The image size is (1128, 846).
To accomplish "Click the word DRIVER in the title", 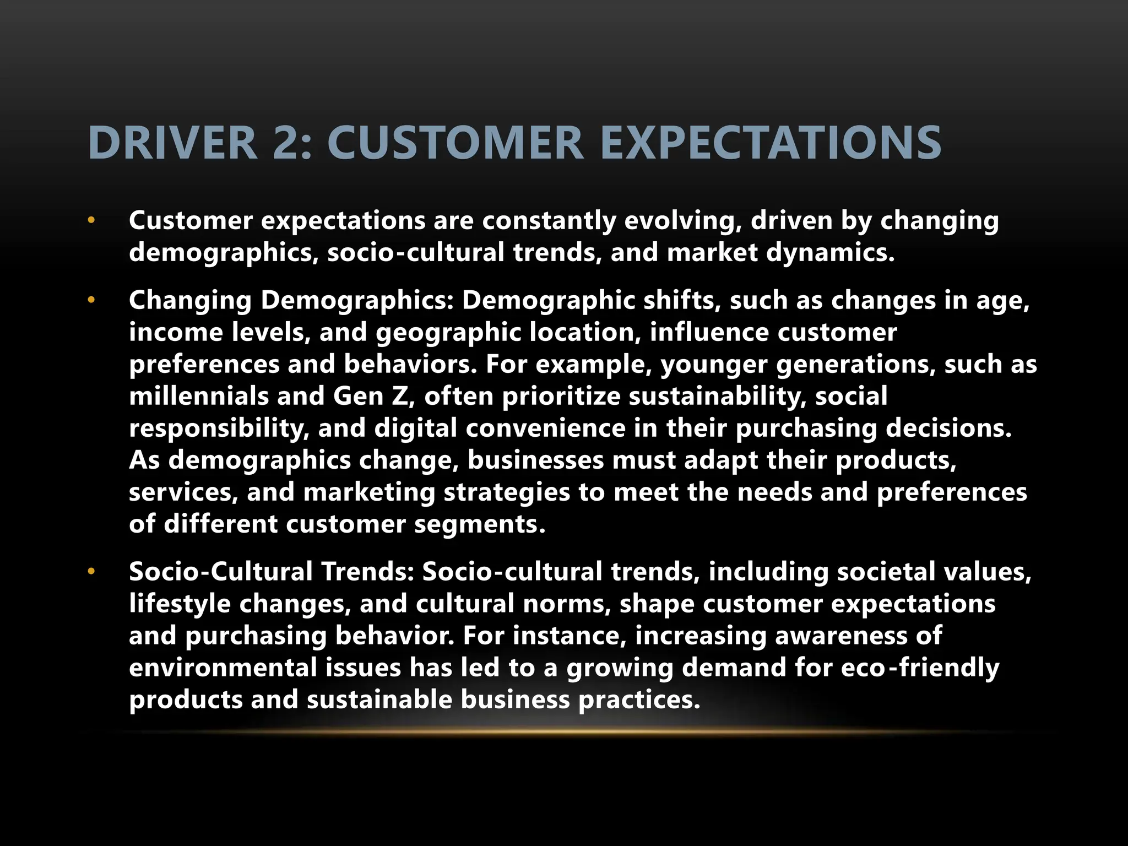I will pos(172,143).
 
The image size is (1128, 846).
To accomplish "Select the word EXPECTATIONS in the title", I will pos(771,143).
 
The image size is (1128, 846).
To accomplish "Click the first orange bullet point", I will pos(91,221).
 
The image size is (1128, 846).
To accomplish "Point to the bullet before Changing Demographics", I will pos(91,301).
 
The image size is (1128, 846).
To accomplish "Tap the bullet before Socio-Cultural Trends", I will pos(91,572).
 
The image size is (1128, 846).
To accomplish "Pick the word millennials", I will pos(198,397).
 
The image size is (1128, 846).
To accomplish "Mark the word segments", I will pos(479,524).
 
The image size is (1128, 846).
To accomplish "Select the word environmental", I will pos(223,668).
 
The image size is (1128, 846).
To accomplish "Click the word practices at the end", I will pos(639,699).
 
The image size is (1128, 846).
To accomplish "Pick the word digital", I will pos(415,429).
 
